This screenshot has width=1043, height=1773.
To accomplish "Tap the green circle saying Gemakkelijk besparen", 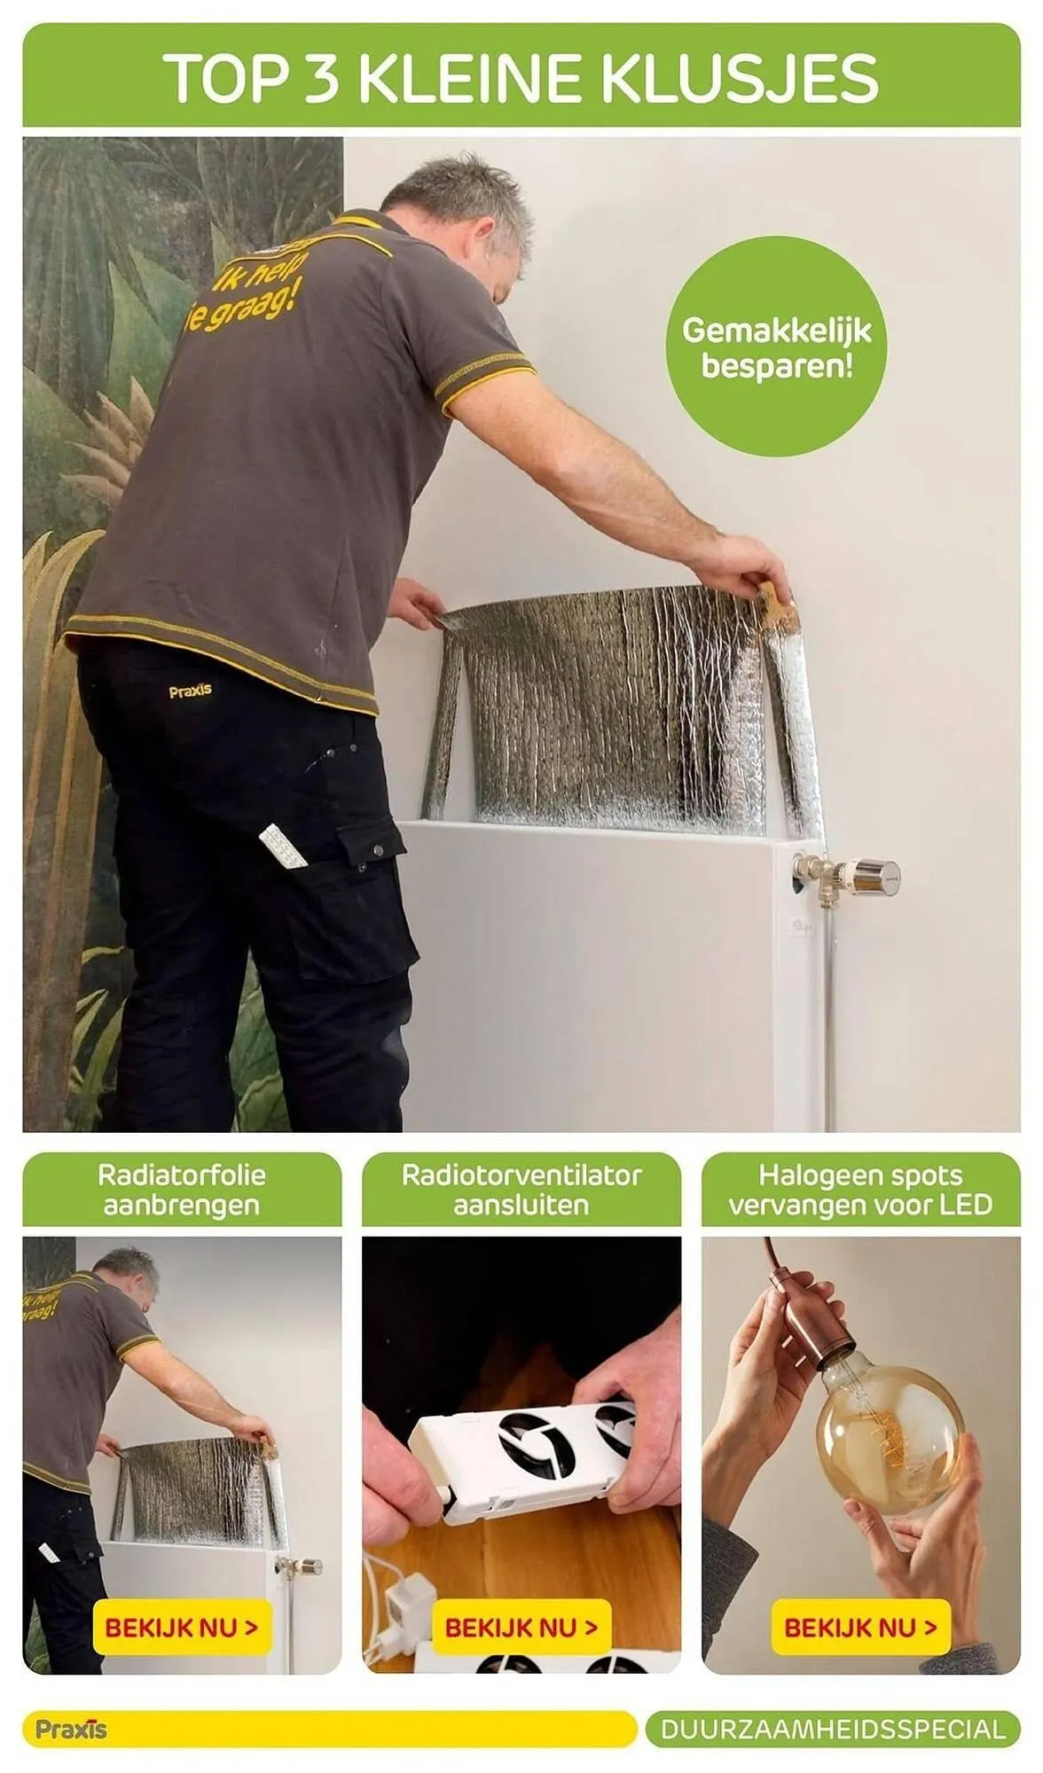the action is tap(777, 347).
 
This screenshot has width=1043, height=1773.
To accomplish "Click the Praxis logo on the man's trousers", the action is tap(190, 690).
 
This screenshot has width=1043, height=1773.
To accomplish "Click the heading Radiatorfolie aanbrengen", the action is tap(182, 1190).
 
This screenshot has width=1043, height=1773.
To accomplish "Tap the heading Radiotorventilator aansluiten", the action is tap(521, 1190).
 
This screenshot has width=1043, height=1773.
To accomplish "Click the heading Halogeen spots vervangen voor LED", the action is tap(860, 1190).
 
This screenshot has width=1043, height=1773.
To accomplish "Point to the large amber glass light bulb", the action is tap(887, 1438).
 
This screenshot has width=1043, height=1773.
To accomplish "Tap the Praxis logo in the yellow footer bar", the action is tap(71, 1730).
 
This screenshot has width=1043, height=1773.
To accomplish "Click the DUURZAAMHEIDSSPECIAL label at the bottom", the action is tap(833, 1730).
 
